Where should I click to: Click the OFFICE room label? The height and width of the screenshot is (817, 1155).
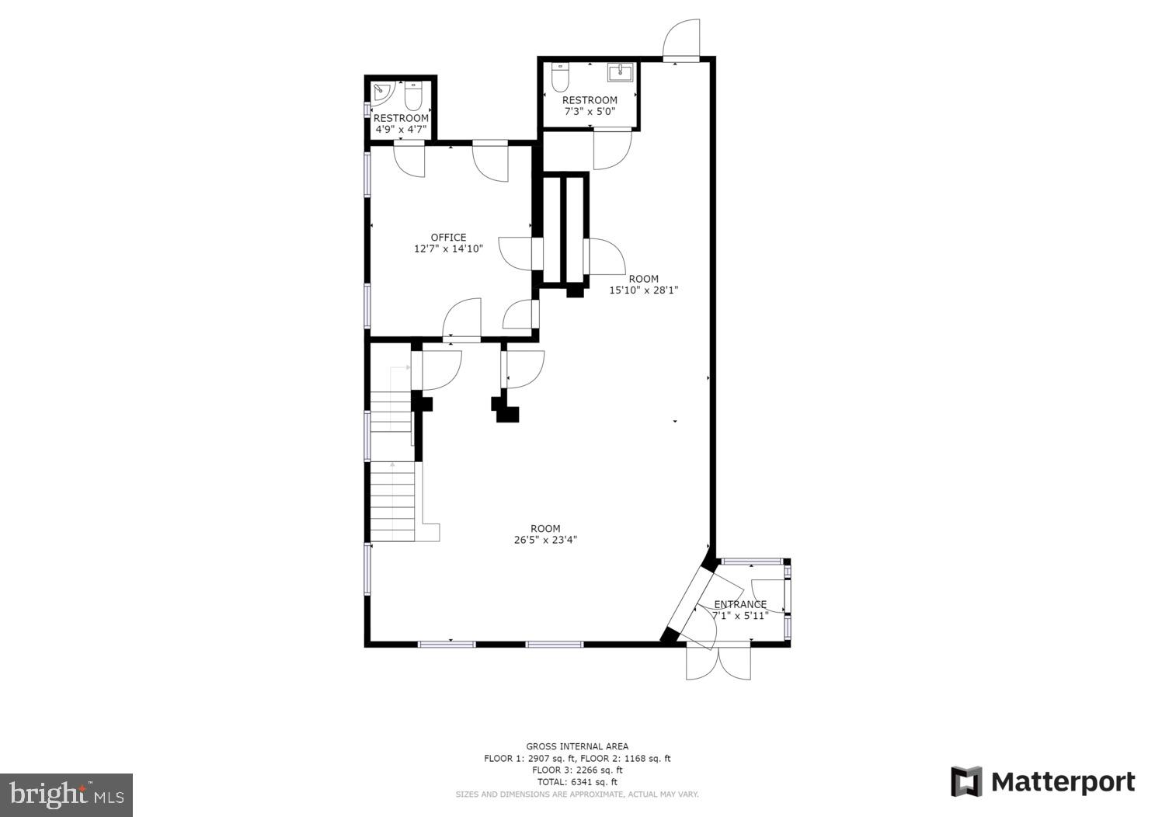tap(448, 238)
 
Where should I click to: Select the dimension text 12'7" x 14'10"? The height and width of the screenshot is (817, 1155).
tap(448, 249)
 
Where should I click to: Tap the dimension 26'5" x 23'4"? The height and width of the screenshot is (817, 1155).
tap(545, 540)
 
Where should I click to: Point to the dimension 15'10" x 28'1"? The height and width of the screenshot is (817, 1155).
tap(643, 290)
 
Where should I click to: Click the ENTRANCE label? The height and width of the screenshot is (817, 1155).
tap(739, 604)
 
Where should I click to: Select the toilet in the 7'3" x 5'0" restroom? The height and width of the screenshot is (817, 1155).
tap(560, 77)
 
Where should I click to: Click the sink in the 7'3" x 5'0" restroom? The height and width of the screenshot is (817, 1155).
tap(621, 73)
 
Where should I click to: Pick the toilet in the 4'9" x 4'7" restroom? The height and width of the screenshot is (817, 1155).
tap(412, 96)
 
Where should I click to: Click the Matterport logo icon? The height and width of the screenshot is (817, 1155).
tap(966, 781)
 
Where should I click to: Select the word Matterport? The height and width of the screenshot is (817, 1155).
tap(1063, 782)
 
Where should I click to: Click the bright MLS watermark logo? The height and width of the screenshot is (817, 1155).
tap(66, 794)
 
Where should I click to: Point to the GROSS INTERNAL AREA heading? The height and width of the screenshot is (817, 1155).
tap(577, 746)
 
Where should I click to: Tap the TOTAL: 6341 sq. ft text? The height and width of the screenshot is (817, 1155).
tap(577, 782)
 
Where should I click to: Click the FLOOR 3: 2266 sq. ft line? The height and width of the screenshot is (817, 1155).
tap(577, 770)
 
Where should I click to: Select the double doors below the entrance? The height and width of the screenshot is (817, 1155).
tap(718, 661)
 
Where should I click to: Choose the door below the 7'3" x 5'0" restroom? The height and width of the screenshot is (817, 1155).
tap(612, 151)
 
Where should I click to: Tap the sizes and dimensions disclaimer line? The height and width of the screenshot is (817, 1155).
tap(577, 794)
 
